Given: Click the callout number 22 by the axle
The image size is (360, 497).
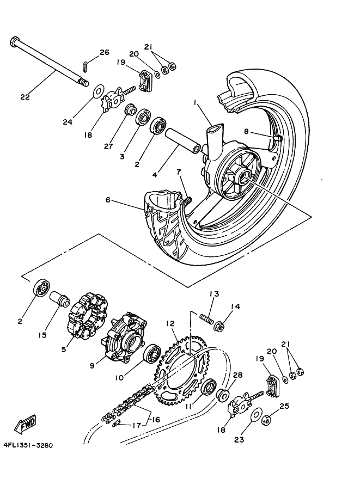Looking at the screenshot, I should tap(25, 97).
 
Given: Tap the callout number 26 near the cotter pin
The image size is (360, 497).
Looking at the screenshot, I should tap(104, 52).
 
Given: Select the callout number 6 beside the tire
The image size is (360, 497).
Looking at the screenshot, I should tap(108, 200).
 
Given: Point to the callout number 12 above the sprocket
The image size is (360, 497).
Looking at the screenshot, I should tap(170, 323).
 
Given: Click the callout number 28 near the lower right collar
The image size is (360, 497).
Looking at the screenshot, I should tap(237, 376).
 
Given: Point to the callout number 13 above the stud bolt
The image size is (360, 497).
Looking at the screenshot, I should tap(214, 294).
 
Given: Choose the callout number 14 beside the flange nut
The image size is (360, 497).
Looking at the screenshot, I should tap(235, 307).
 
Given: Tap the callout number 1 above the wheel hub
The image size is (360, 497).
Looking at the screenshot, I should tap(209, 102).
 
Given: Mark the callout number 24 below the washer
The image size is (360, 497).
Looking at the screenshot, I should tap(68, 122).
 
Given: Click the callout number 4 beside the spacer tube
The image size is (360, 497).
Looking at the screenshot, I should tap(155, 175).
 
